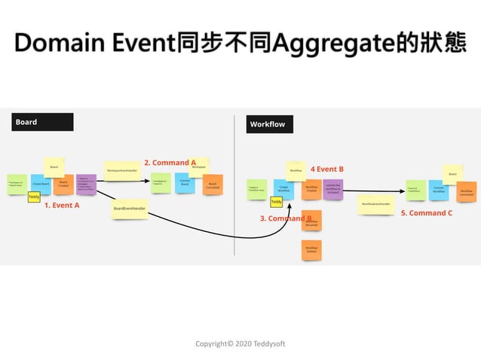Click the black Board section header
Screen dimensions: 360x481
42,122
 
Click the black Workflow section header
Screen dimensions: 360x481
270,124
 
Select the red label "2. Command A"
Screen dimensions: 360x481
170,162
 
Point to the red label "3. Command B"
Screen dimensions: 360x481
286,218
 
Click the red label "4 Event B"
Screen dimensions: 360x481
327,169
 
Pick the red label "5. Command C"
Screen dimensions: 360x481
427,213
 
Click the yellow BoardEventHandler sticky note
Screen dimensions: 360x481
129,208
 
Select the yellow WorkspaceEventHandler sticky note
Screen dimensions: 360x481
121,171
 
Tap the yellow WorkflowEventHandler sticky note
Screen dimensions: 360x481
375,204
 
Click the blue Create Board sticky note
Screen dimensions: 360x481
41,184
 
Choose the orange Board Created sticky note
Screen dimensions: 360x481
63,185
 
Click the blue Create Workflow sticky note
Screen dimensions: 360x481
283,189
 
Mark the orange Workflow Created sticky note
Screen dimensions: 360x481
311,190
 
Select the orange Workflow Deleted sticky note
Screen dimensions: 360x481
311,249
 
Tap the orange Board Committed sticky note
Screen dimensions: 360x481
213,185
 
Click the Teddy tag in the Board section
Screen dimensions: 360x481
34,197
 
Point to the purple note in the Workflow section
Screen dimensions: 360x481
332,189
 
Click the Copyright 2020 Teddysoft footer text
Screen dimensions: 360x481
240,343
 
